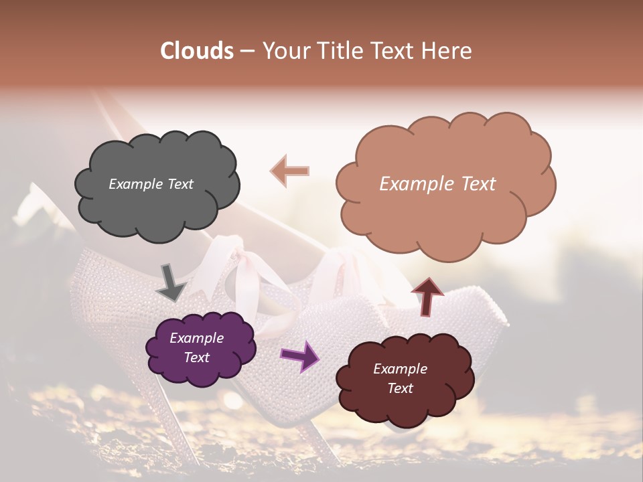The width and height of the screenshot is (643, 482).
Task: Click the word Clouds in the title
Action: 197,51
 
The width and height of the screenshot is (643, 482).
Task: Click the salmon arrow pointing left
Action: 290,171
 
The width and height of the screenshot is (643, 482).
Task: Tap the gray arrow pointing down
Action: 170,283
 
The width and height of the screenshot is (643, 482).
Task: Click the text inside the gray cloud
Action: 151,184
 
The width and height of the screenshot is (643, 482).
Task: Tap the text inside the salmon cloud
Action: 437,184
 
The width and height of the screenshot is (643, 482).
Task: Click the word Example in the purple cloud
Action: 196,338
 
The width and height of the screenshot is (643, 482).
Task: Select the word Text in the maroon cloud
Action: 400,388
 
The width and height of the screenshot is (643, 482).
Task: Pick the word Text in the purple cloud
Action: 196,357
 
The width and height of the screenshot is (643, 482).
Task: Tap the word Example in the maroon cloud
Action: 400,369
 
